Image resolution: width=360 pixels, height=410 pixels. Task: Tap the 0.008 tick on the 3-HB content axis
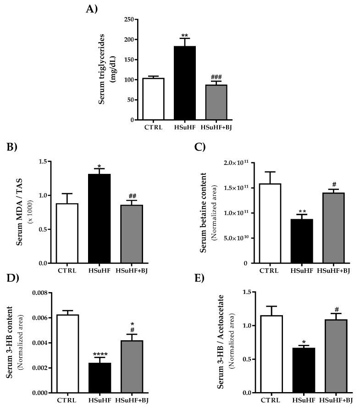pos(41,293)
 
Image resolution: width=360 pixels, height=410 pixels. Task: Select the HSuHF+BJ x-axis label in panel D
pos(131,400)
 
